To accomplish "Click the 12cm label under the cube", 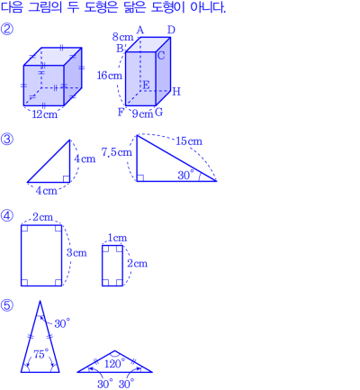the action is coord(45,114).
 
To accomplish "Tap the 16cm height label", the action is coord(110,76).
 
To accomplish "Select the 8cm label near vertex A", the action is coord(122,37).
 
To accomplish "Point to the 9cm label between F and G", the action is coord(143,113).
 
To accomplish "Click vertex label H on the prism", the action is coord(176,92).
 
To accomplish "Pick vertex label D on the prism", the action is coord(171,30).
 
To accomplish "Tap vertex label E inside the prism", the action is coord(146,85).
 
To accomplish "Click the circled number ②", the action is coord(7,30).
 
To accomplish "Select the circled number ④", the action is coord(7,215).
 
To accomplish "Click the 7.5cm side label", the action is coord(117,152).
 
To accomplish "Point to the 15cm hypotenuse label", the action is coord(189,141).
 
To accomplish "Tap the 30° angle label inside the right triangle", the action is coord(185,175).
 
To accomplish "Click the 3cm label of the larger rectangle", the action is coord(76,253).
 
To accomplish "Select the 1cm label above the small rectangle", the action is coord(117,238).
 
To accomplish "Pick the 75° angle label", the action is coord(41,354).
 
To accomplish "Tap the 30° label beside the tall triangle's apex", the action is coord(62,323).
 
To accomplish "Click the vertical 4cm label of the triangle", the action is coord(85,159).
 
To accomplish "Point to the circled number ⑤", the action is coord(7,305).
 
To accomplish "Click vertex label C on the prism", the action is coord(161,56).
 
